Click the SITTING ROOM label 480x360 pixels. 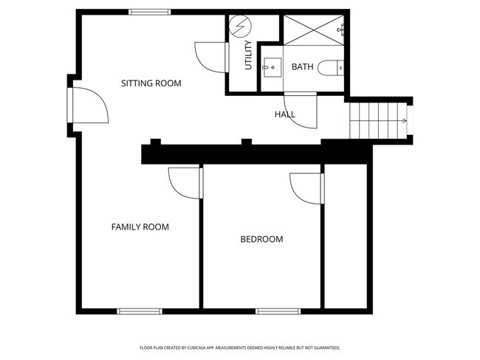151,83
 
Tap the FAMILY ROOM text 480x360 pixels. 140,226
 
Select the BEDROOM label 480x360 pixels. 261,239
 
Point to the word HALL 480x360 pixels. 285,114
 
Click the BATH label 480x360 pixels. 303,67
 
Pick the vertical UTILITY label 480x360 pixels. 249,55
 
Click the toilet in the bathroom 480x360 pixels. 335,67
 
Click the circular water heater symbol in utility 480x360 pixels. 239,29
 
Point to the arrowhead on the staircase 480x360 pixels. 404,120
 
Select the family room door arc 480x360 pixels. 185,182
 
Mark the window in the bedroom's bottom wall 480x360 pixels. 278,311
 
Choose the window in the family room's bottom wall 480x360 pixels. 140,311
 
